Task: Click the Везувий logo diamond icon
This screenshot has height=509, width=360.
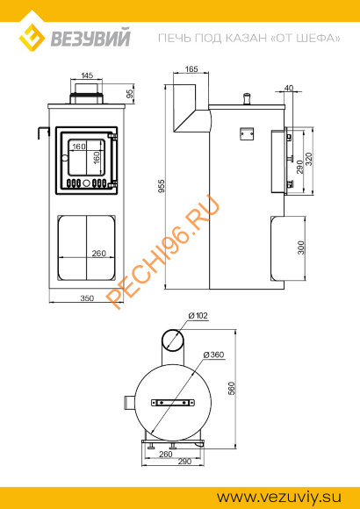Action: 32,38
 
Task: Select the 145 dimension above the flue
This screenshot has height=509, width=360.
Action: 87,75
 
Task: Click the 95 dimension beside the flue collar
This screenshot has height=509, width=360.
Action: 130,94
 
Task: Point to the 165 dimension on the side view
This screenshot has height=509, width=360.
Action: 191,68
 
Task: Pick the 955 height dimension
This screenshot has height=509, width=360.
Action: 162,186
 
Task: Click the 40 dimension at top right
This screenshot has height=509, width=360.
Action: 288,88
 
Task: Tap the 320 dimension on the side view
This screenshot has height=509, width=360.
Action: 309,159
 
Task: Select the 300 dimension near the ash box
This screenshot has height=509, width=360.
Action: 301,247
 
